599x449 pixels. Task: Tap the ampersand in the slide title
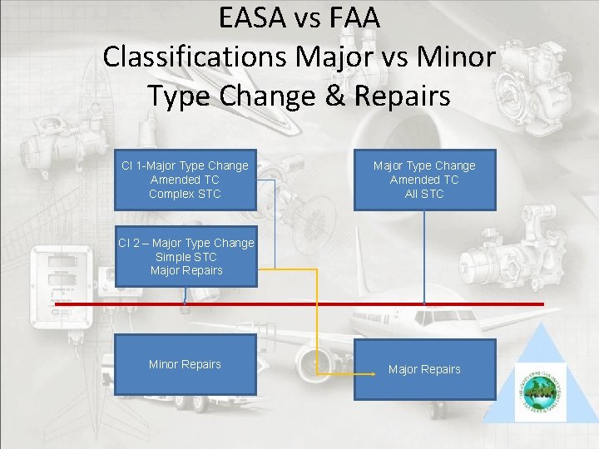coord(330,96)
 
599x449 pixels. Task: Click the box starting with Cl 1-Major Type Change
coord(185,180)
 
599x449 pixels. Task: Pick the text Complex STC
coord(185,194)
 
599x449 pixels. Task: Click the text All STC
coord(424,194)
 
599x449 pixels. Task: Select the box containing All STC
coord(424,180)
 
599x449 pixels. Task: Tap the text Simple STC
coord(186,257)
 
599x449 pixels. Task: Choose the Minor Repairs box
coord(185,364)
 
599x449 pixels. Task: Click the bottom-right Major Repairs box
coord(424,369)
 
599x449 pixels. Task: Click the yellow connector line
coord(317,316)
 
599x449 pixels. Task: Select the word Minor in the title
coord(456,57)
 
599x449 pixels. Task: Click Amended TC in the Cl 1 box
coord(185,180)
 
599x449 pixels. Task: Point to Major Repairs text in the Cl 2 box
coord(186,270)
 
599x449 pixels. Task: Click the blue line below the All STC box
coord(424,249)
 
